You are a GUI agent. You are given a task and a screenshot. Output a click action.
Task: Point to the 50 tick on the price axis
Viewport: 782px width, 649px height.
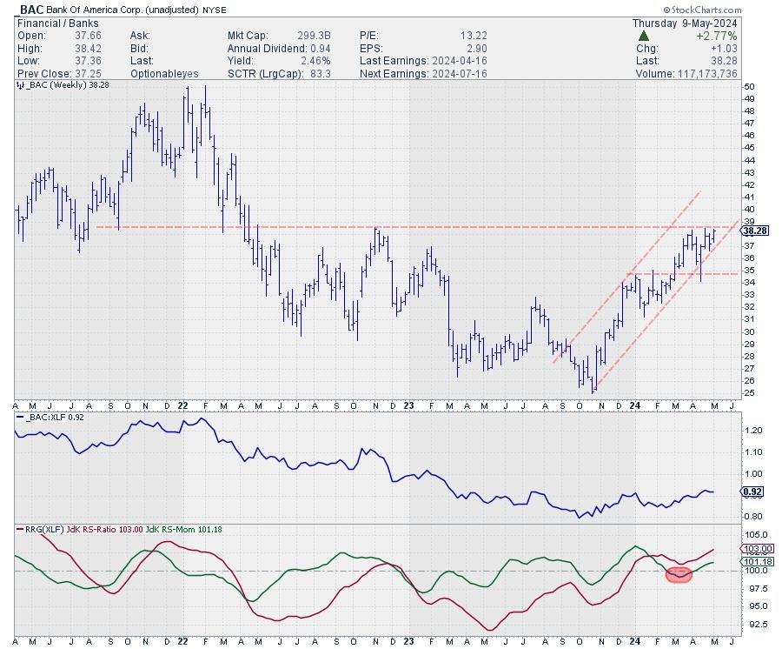[748, 87]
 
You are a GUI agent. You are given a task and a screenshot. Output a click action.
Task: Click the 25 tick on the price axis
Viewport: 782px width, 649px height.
[748, 392]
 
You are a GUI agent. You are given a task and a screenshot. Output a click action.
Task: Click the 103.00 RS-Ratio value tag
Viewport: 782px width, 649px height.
[755, 549]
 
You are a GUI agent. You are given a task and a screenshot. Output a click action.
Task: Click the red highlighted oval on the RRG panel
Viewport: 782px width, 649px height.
[679, 574]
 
